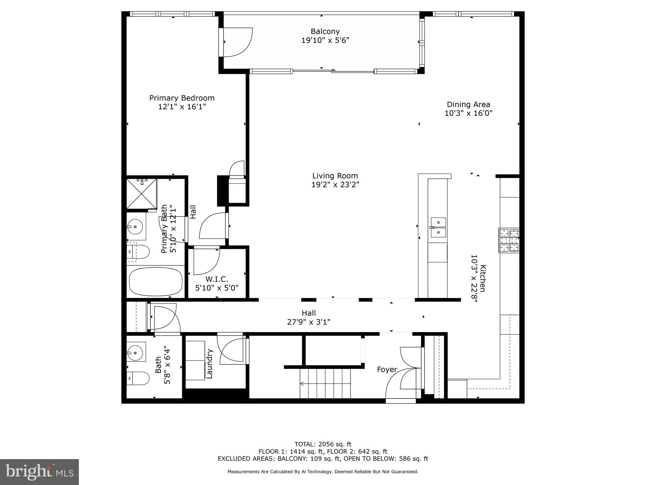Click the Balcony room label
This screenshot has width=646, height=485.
click(325, 32)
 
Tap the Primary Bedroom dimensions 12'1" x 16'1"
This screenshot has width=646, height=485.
click(182, 107)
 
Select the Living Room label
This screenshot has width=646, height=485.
click(335, 176)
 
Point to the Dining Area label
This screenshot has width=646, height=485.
click(468, 105)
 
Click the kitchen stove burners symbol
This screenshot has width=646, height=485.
click(508, 240)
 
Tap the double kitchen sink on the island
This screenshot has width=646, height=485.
click(438, 227)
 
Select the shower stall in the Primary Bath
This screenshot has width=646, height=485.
click(142, 194)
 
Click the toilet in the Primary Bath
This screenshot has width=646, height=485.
click(138, 252)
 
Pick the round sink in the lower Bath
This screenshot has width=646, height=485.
click(136, 351)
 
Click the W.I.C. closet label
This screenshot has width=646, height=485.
click(217, 279)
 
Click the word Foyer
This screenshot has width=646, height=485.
click(387, 369)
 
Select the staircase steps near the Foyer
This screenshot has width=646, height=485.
click(325, 384)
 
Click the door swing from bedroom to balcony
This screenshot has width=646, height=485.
click(237, 42)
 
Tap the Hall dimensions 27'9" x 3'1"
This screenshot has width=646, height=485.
click(308, 322)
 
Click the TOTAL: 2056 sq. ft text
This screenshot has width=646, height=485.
click(323, 444)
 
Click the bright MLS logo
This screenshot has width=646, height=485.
click(39, 472)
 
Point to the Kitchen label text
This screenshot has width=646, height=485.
click(483, 278)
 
